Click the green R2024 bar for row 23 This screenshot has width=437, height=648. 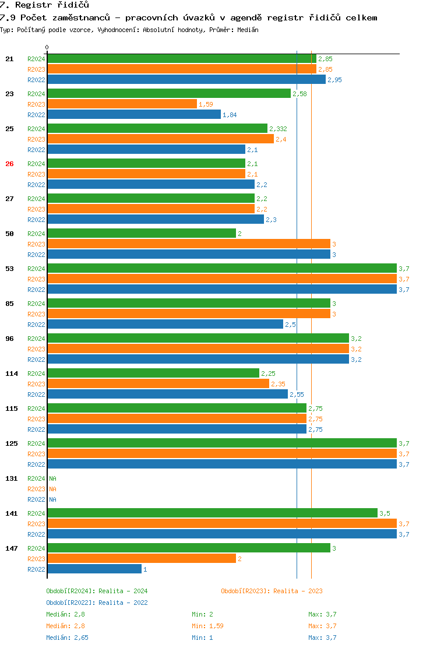click(x=169, y=93)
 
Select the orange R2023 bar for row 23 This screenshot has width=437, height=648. click(x=122, y=104)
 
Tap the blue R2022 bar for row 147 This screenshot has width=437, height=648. click(x=94, y=569)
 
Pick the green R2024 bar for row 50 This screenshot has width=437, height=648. click(x=142, y=233)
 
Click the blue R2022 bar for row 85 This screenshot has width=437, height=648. click(x=165, y=324)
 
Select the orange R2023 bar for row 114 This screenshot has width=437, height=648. click(x=158, y=383)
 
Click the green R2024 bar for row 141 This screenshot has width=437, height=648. click(x=212, y=513)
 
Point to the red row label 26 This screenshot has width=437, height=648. click(x=9, y=164)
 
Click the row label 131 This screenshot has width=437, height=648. click(x=12, y=478)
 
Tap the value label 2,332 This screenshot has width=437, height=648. click(x=278, y=129)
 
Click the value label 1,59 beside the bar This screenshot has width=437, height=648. click(x=206, y=104)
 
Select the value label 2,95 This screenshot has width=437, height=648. click(x=334, y=80)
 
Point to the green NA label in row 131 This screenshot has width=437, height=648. click(x=52, y=478)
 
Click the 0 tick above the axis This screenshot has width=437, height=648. click(x=47, y=47)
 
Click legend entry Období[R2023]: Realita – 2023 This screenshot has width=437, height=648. click(x=272, y=591)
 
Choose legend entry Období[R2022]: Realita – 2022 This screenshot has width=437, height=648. click(x=97, y=603)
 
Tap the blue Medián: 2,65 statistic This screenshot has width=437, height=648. click(x=68, y=638)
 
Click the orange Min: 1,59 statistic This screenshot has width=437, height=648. click(x=207, y=626)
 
